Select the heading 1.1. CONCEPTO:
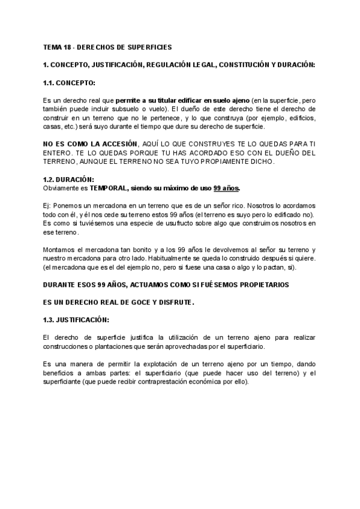pyautogui.click(x=69, y=82)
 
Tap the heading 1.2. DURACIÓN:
pyautogui.click(x=68, y=179)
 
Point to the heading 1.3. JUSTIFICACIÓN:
pyautogui.click(x=76, y=320)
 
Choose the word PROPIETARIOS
pyautogui.click(x=260, y=284)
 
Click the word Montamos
pyautogui.click(x=60, y=250)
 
